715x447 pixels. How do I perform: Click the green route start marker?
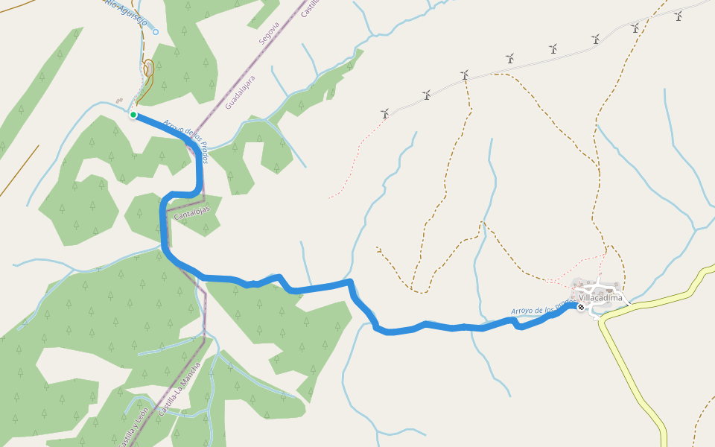[x=133, y=115]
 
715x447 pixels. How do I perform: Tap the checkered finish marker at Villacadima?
[x=581, y=306]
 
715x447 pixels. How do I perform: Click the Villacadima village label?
[x=600, y=297]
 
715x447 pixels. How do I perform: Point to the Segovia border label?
[x=269, y=34]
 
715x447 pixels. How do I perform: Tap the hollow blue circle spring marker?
[x=156, y=32]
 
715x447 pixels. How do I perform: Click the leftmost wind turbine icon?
[x=385, y=114]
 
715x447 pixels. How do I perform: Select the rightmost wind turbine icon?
[x=678, y=15]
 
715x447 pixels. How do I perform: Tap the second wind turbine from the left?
[x=426, y=95]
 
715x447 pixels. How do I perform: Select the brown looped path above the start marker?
[x=149, y=71]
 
